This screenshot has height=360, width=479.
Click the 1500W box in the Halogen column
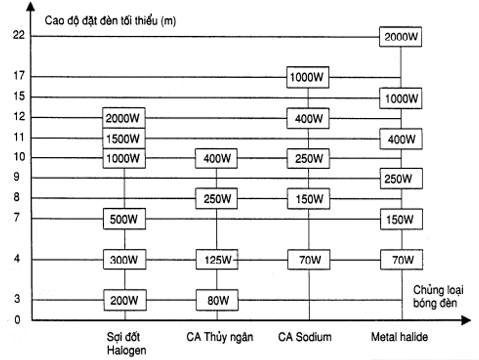click(124, 138)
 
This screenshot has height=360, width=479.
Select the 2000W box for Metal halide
click(400, 37)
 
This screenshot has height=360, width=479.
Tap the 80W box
click(217, 300)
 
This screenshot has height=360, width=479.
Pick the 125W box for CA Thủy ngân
click(217, 260)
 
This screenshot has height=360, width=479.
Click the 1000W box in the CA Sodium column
click(308, 77)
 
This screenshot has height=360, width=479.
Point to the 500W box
click(124, 218)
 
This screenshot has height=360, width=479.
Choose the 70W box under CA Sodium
click(308, 260)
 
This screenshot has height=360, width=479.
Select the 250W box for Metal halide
click(400, 179)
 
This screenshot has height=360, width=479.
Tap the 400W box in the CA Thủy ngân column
click(217, 159)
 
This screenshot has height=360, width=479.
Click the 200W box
click(124, 300)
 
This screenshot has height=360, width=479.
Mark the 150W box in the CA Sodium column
click(308, 198)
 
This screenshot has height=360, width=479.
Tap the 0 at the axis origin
click(17, 320)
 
